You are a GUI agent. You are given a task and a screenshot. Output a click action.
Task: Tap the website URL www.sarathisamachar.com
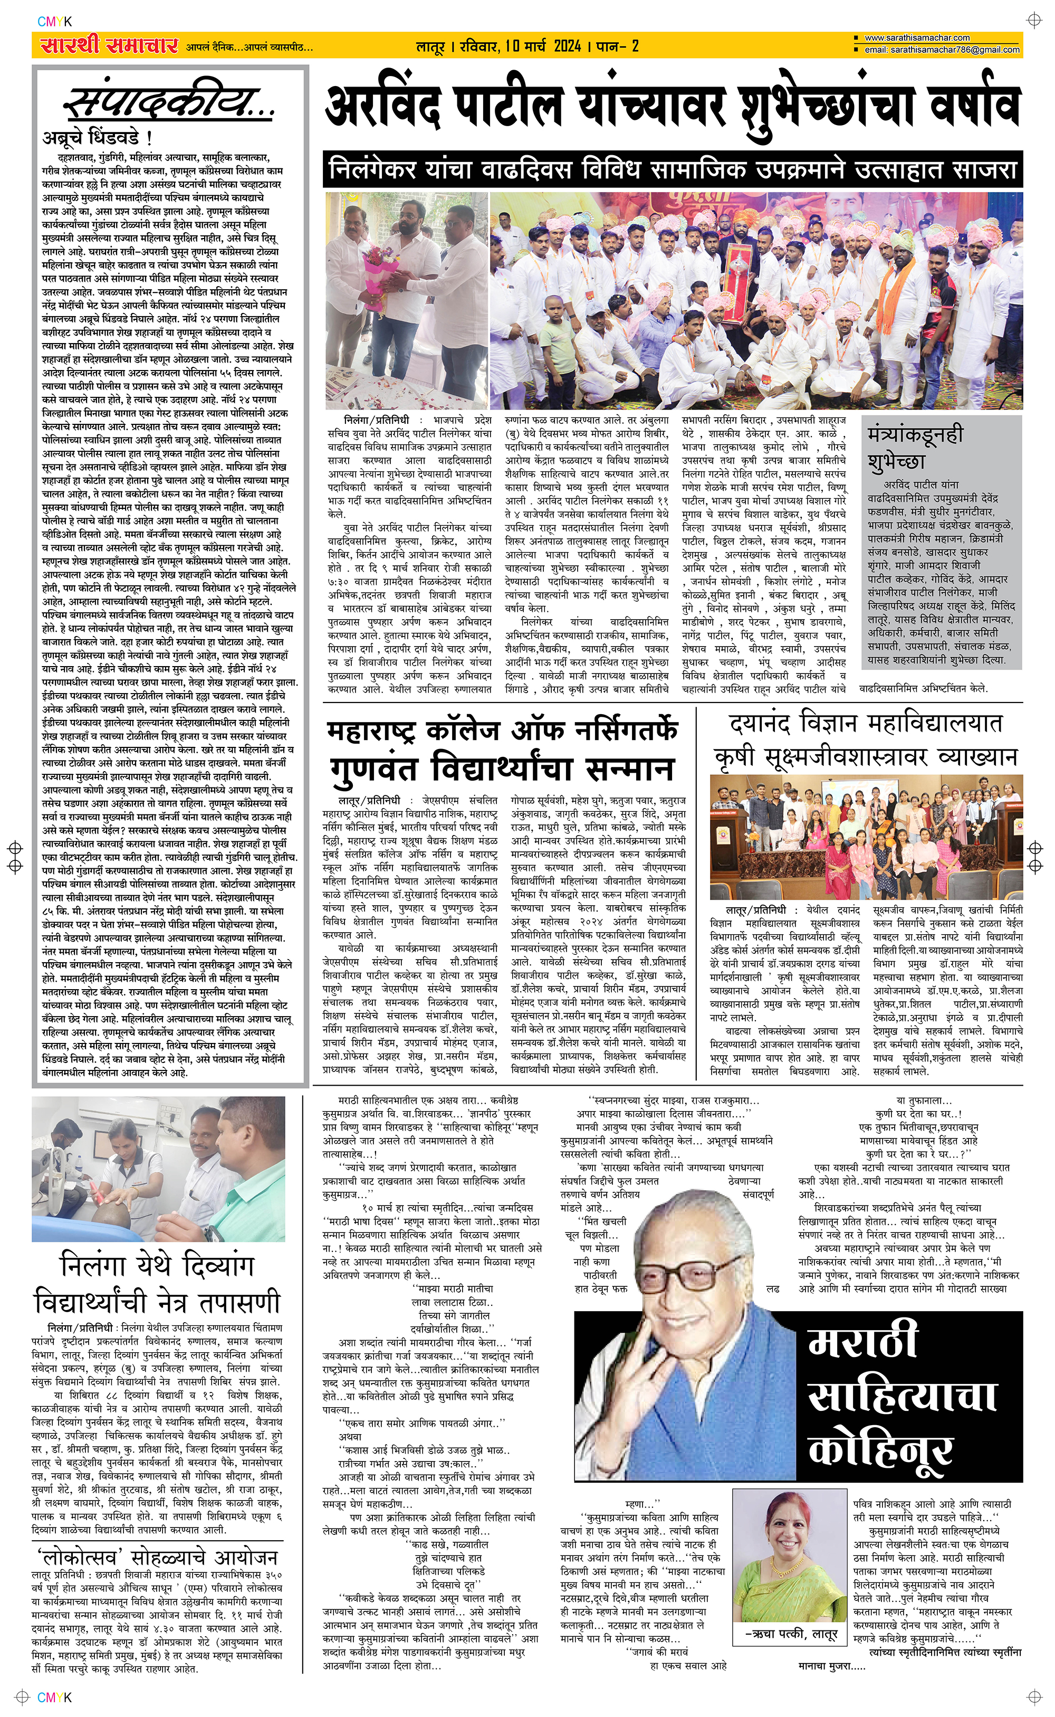917,37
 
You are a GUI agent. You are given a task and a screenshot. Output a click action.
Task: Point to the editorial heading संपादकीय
171,103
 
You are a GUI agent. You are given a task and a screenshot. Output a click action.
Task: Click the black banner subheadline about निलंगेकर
673,170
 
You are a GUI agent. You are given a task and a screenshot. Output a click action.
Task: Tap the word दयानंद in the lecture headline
772,723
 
